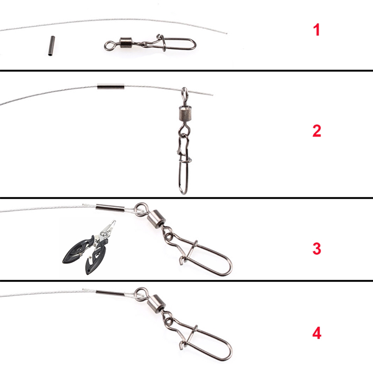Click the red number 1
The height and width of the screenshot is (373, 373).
[316, 30]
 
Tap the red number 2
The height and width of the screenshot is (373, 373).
[316, 131]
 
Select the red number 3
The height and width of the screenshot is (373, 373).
[316, 248]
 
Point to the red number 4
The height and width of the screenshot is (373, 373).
[316, 333]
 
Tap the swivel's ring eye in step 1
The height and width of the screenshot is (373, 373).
[109, 46]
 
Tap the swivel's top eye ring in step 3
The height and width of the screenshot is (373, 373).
[141, 208]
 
